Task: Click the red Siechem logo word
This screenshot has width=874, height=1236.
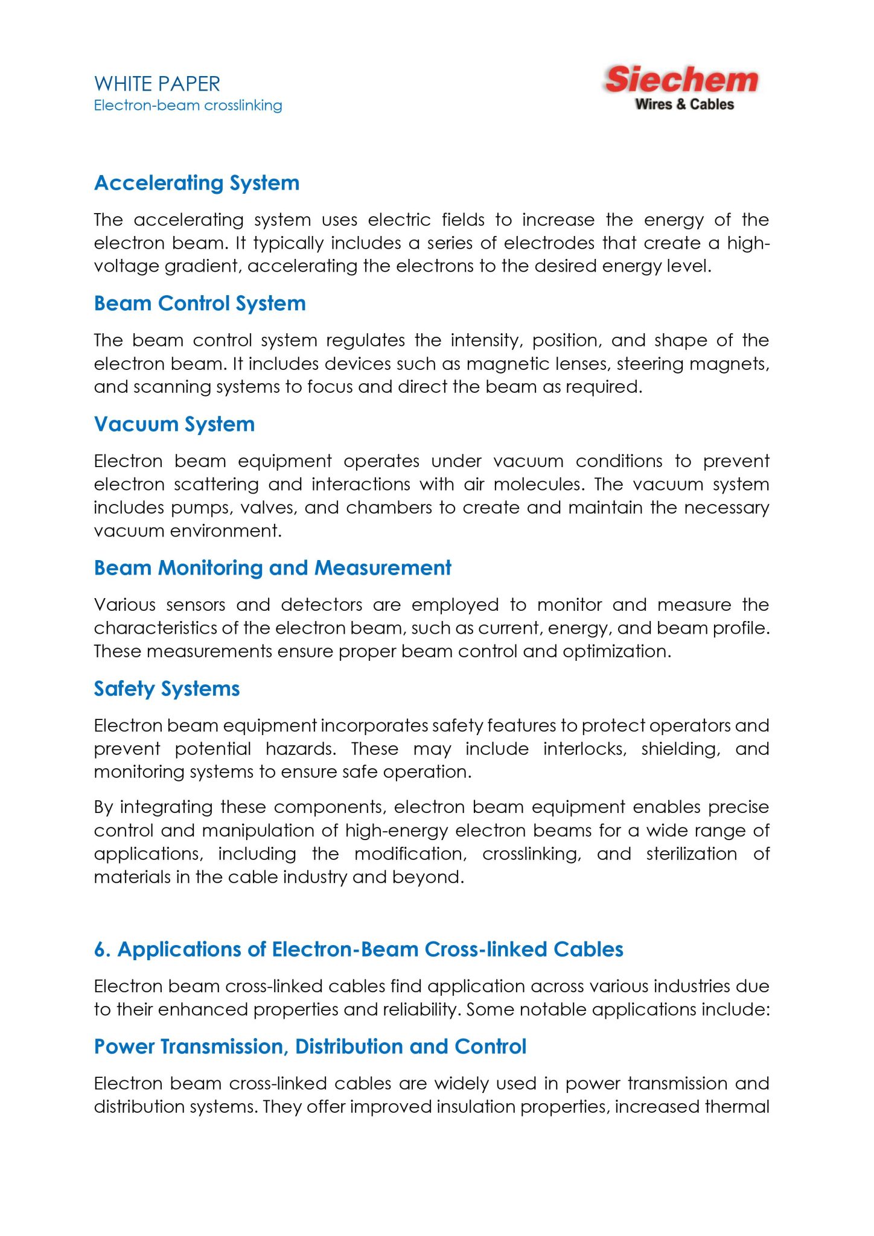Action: [x=681, y=80]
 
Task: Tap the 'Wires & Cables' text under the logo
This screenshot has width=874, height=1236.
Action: [x=684, y=104]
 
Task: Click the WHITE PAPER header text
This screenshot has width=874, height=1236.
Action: [x=157, y=83]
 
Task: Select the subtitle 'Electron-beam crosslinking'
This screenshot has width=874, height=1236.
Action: [x=188, y=106]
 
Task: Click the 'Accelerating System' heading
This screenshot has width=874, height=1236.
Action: [x=197, y=183]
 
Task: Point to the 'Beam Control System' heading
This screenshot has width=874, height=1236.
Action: [x=200, y=303]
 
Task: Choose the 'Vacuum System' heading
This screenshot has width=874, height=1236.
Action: [x=174, y=424]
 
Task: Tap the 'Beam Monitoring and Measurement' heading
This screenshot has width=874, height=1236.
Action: [x=272, y=567]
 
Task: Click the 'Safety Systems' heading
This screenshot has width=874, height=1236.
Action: [x=167, y=688]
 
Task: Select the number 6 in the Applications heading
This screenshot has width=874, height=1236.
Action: [x=101, y=949]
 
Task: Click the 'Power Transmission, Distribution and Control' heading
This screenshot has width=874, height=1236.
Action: [x=310, y=1046]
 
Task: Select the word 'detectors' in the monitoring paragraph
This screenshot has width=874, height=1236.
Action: [x=321, y=605]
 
